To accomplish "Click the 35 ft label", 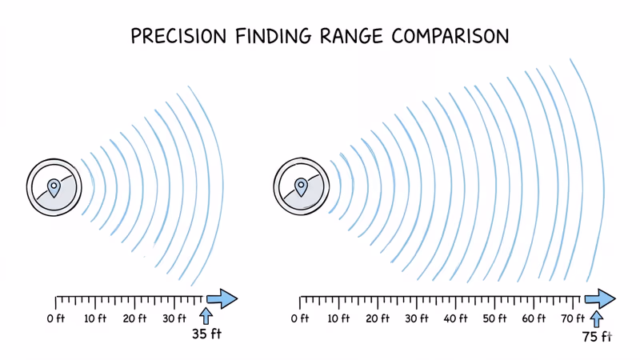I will [x=206, y=334].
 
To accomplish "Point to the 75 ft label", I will [x=596, y=337].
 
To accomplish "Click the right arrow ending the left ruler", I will [x=222, y=299].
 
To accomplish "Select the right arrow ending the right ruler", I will [x=600, y=299].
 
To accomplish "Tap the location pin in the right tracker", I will [x=302, y=188].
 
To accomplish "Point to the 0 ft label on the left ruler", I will [x=56, y=318].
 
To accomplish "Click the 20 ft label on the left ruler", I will [x=135, y=318].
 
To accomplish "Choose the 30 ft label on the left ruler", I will [x=174, y=318].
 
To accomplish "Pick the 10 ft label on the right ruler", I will [x=339, y=318].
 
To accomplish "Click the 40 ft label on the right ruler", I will [x=456, y=318].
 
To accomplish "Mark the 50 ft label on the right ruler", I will [x=495, y=318].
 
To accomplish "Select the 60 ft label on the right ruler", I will [x=534, y=318].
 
